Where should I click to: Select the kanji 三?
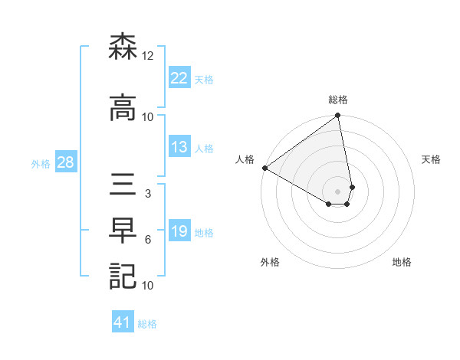(123, 186)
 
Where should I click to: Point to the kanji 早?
(123, 231)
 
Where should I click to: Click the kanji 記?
(123, 276)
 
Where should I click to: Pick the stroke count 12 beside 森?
(148, 56)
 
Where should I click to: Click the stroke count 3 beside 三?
(147, 195)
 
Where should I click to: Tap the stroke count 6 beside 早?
(147, 240)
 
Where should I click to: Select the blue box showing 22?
(179, 77)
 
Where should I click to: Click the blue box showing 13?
(179, 147)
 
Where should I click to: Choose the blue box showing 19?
(179, 231)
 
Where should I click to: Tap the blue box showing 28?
(65, 162)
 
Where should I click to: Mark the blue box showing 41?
(123, 323)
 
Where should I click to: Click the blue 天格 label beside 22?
(204, 78)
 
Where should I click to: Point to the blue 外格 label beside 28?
(41, 163)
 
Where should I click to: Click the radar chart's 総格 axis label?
(338, 100)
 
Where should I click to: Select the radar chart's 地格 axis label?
(402, 262)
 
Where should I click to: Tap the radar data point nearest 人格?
(264, 168)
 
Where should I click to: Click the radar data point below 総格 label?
(338, 116)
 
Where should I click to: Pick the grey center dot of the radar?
(338, 190)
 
